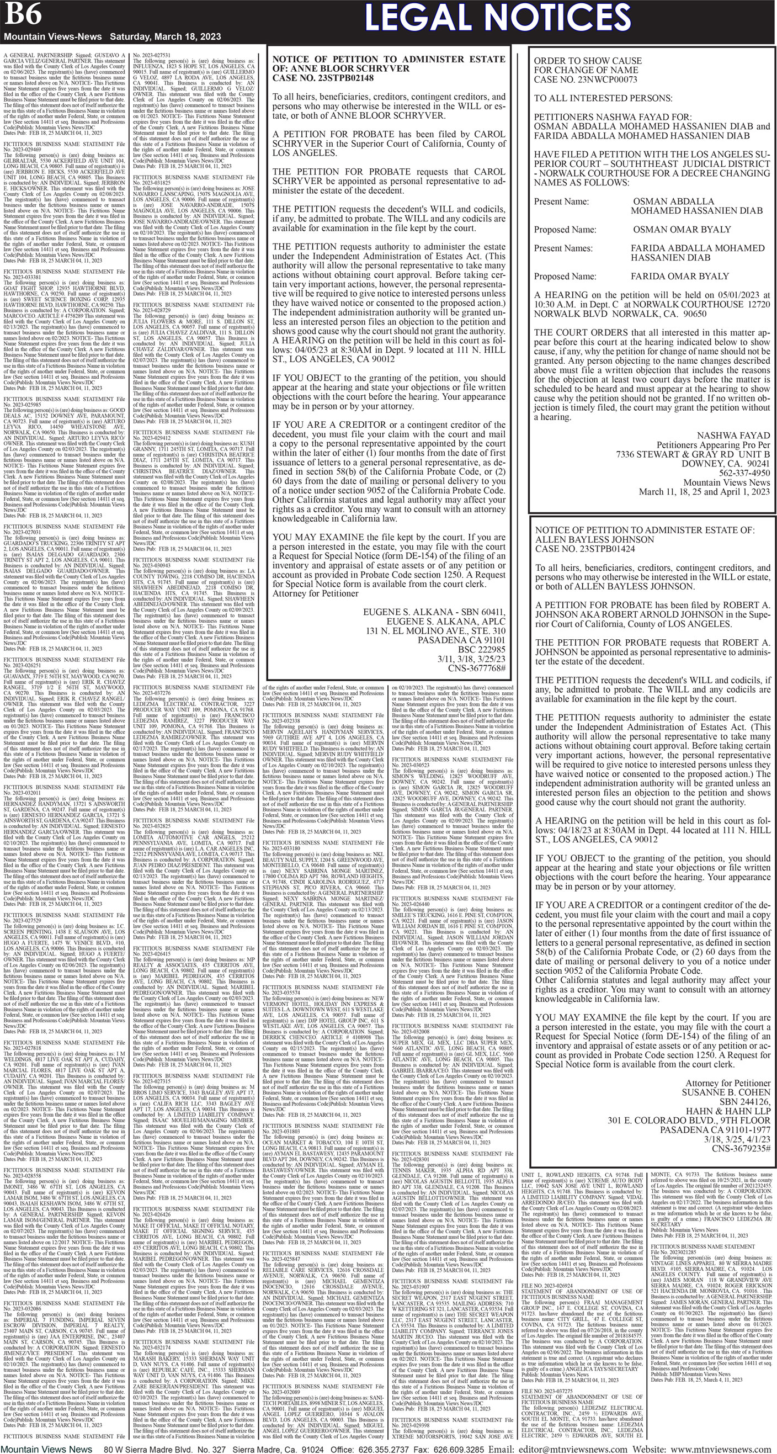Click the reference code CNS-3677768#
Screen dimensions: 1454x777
point(476,668)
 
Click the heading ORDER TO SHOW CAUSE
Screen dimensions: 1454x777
point(587,60)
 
